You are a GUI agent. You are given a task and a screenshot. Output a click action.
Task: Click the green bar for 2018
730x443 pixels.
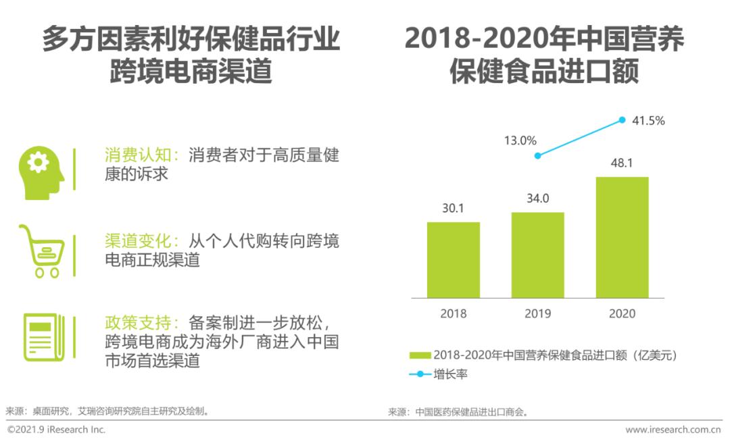tap(453, 260)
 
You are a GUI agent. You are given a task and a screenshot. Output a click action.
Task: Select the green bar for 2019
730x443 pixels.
tap(537, 255)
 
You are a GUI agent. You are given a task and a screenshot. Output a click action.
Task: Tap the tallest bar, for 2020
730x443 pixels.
tap(622, 238)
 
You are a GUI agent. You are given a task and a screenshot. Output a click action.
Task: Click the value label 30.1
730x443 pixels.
tap(453, 209)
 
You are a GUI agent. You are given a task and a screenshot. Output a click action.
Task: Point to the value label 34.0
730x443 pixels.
tap(537, 199)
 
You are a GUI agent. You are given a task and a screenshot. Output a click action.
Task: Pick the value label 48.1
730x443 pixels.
tap(622, 163)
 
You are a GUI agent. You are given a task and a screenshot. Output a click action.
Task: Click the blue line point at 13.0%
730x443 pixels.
tap(537, 155)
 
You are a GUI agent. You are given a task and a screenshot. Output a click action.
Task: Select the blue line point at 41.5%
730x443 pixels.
tap(622, 120)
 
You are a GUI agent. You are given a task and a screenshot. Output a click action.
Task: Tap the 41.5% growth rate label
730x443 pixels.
tap(648, 121)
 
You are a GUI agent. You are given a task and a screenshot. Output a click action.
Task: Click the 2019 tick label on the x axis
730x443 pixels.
tap(537, 313)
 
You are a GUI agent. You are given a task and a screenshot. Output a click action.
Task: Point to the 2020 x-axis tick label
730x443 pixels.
tap(622, 313)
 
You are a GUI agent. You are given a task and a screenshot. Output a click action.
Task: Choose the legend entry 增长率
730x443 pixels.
tap(449, 373)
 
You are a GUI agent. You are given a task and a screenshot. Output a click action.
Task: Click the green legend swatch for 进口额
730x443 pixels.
tap(420, 355)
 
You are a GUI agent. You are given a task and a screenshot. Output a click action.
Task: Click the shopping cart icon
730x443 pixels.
tap(41, 251)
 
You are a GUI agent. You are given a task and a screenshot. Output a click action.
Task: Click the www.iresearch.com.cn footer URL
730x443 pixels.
tap(673, 429)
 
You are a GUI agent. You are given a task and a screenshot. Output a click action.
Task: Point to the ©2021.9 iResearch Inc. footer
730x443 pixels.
tap(57, 429)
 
